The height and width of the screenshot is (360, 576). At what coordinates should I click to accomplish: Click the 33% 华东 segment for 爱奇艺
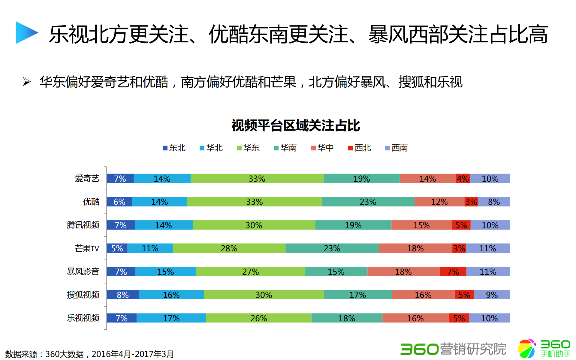[257, 178]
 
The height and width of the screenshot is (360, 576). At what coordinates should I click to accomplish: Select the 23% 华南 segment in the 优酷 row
[368, 202]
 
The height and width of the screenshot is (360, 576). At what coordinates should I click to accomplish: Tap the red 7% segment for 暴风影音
[453, 271]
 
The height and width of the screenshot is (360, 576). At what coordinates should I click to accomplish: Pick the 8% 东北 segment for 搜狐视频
[123, 295]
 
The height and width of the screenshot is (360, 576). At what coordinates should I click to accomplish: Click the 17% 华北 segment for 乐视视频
[171, 318]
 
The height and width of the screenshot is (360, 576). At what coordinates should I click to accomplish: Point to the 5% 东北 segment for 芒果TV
[117, 248]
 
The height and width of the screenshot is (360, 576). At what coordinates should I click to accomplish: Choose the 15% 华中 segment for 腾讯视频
[421, 225]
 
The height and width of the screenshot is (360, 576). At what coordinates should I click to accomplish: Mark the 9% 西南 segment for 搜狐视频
[492, 295]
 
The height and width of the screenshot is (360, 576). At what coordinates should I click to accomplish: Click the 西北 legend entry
[360, 148]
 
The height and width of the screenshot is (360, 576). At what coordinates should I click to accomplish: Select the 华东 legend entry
[248, 148]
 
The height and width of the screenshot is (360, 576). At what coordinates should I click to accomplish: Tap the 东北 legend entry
[174, 148]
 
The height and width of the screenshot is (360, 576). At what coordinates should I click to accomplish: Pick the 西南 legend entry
[397, 148]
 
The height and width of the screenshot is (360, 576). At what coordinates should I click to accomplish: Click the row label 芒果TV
[87, 248]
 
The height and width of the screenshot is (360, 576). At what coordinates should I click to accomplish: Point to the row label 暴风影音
[83, 271]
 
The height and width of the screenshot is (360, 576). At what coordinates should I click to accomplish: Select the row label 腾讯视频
[83, 225]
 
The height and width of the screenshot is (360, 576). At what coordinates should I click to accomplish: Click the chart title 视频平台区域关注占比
[295, 126]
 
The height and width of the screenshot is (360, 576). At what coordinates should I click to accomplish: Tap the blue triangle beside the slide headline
[26, 32]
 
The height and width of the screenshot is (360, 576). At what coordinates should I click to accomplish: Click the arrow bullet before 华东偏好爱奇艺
[27, 82]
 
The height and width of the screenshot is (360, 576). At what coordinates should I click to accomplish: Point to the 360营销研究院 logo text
[453, 349]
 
